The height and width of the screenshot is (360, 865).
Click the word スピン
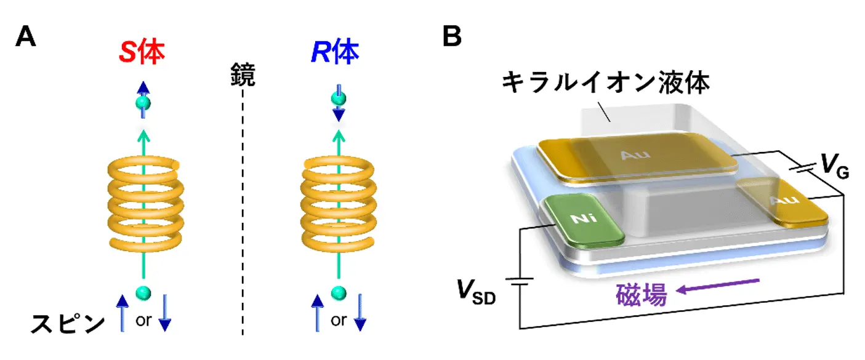click(68, 324)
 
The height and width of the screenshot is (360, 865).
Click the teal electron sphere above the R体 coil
click(336, 98)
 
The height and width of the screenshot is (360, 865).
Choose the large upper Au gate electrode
click(637, 156)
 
